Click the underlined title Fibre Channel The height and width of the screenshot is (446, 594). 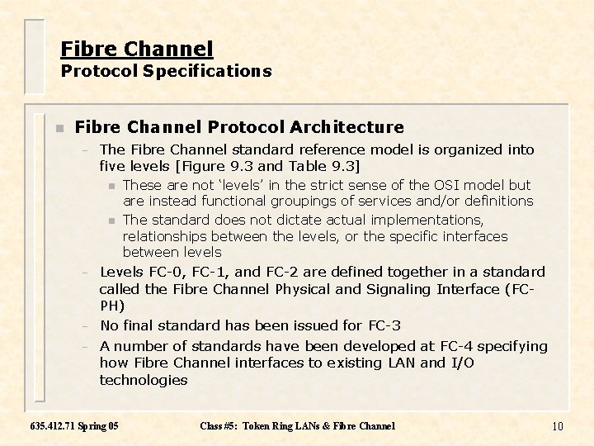pyautogui.click(x=137, y=49)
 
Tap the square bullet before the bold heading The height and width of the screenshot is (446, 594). pyautogui.click(x=59, y=128)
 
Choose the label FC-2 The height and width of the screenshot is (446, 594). pyautogui.click(x=284, y=272)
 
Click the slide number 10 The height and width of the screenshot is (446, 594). pyautogui.click(x=558, y=426)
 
